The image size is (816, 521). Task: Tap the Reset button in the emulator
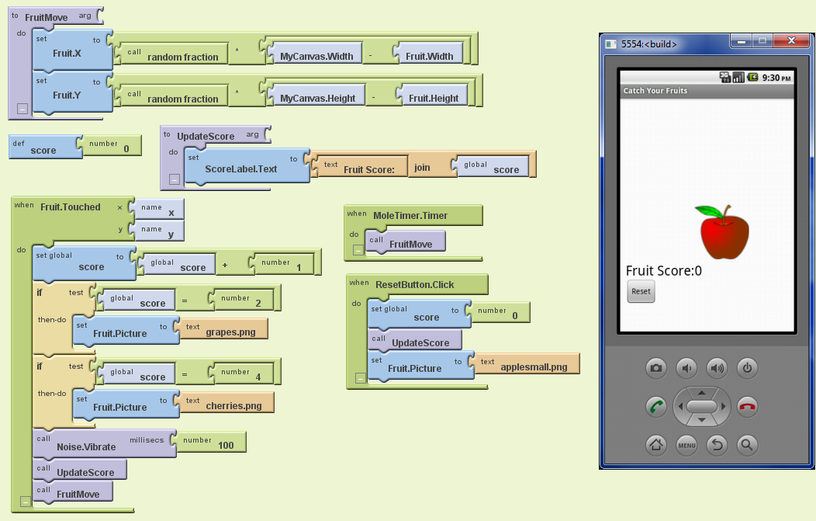(641, 292)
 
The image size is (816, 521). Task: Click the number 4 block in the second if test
(243, 373)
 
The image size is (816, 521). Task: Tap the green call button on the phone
(656, 406)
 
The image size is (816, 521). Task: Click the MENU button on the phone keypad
(686, 445)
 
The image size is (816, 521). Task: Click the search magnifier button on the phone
(746, 445)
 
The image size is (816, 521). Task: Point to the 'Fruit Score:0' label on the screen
(664, 270)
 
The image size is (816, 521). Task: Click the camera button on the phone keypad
(656, 367)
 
